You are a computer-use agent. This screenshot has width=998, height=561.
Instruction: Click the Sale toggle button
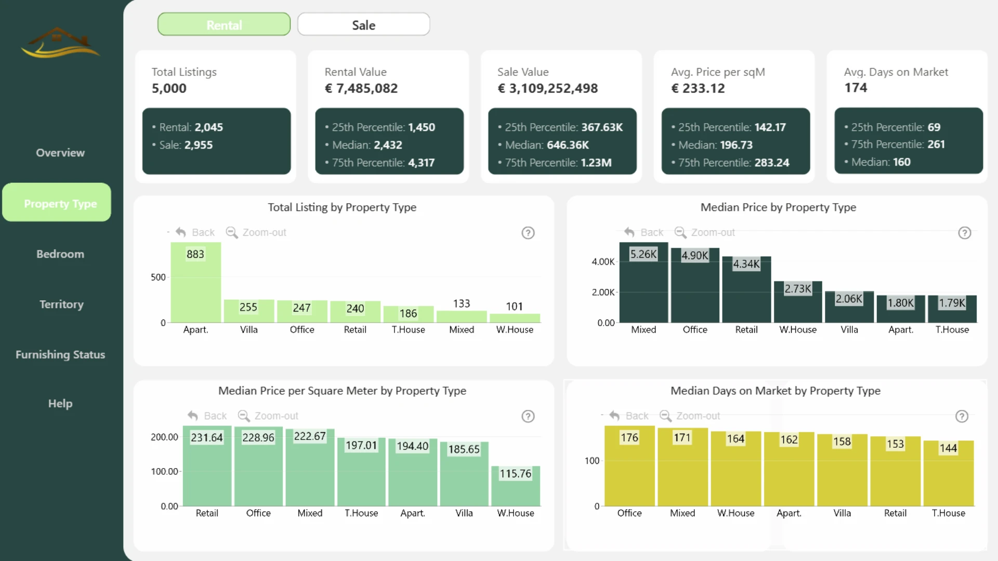pos(363,24)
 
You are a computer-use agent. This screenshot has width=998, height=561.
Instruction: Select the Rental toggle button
pos(224,24)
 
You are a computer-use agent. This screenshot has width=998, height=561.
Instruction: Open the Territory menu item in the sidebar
pos(61,304)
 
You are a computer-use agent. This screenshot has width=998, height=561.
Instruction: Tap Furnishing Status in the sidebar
pos(60,355)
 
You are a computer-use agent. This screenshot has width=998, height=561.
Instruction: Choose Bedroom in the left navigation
pos(60,254)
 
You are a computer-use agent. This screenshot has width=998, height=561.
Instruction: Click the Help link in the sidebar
pos(60,404)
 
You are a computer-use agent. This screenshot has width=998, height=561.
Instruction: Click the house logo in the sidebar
pos(60,43)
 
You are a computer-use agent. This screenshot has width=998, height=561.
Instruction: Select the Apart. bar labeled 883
pos(196,283)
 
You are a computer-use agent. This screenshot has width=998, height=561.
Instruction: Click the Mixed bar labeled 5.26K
pos(644,283)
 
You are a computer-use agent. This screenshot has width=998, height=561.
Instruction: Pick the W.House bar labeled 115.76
pos(516,486)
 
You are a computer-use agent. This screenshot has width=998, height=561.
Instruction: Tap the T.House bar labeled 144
pos(949,473)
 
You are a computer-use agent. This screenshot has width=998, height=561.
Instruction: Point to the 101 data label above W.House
pos(515,306)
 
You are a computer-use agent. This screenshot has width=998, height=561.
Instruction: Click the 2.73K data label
pos(798,289)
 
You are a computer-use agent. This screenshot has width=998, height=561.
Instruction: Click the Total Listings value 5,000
pos(169,88)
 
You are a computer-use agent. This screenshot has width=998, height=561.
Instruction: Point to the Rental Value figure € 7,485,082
pos(361,88)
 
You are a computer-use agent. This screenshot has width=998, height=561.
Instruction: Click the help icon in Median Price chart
pos(965,233)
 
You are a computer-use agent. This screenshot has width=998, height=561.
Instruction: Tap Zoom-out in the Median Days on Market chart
pos(690,416)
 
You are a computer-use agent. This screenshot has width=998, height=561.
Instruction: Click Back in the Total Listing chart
pos(195,233)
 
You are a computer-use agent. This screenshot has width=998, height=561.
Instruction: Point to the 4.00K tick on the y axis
pos(603,262)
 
